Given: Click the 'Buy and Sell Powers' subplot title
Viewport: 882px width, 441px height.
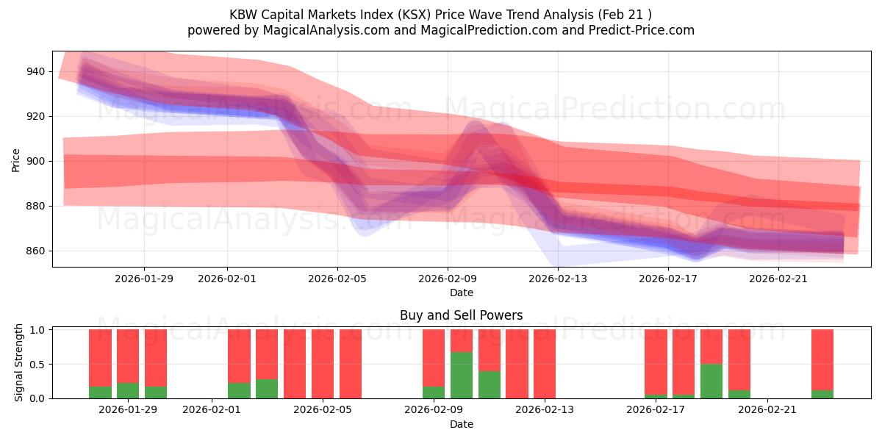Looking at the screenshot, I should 461,315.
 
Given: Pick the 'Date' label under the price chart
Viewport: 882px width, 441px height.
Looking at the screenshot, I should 461,293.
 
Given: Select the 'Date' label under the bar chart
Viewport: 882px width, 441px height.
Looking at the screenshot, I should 461,424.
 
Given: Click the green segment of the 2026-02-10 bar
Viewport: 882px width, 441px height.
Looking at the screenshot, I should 462,376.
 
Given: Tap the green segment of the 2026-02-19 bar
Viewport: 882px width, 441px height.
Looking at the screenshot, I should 711,381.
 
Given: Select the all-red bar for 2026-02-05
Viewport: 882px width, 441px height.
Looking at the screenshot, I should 323,364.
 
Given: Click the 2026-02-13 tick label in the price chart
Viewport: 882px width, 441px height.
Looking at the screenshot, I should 558,279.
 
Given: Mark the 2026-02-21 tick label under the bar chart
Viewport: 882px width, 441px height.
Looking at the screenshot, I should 767,409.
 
